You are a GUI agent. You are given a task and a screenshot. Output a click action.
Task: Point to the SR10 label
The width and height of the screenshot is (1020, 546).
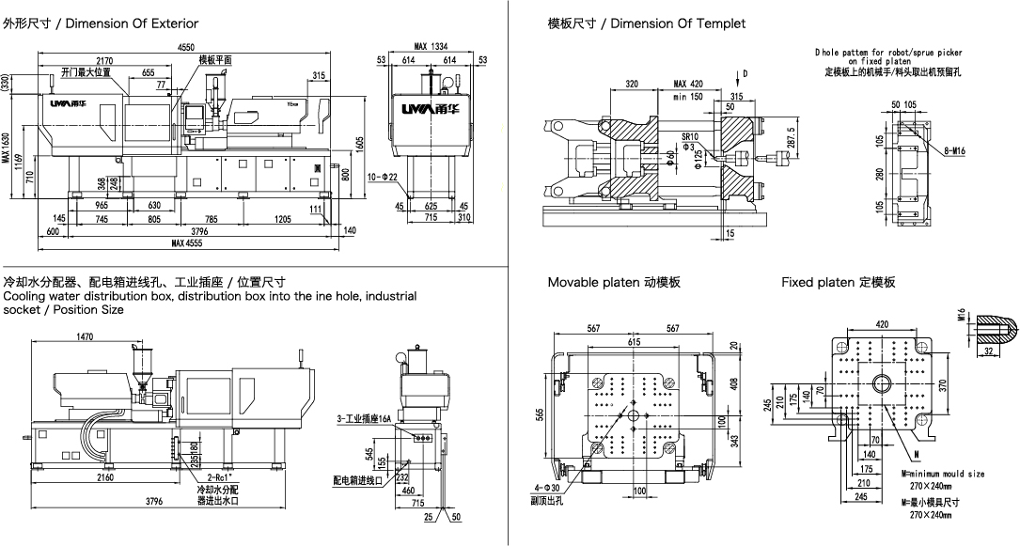click(x=689, y=135)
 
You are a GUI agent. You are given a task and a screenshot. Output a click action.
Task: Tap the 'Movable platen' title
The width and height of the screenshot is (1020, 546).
click(x=614, y=282)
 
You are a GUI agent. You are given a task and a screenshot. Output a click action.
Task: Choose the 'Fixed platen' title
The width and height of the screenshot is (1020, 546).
click(x=838, y=282)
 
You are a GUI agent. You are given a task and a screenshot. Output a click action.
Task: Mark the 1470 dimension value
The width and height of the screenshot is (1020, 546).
click(x=86, y=336)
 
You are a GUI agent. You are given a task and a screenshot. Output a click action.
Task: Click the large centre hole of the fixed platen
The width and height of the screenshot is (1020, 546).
click(x=883, y=382)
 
